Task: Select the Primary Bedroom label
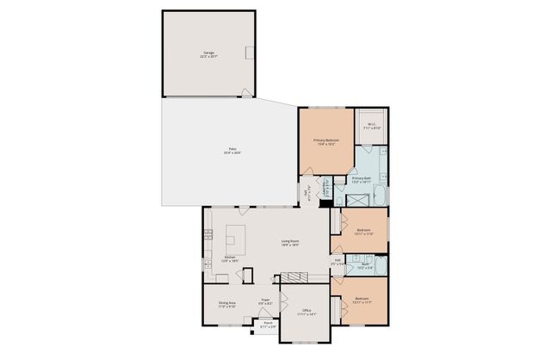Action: pos(326,142)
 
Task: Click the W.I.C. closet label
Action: pos(371,126)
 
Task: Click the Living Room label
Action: pos(289,243)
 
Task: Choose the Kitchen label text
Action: pos(230,258)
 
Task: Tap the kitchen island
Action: pos(236,236)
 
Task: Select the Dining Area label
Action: pos(227,305)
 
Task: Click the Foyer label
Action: pos(267,302)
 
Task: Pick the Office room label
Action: pos(307,312)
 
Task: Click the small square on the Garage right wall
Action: pos(250,53)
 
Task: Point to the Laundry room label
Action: pos(326,187)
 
